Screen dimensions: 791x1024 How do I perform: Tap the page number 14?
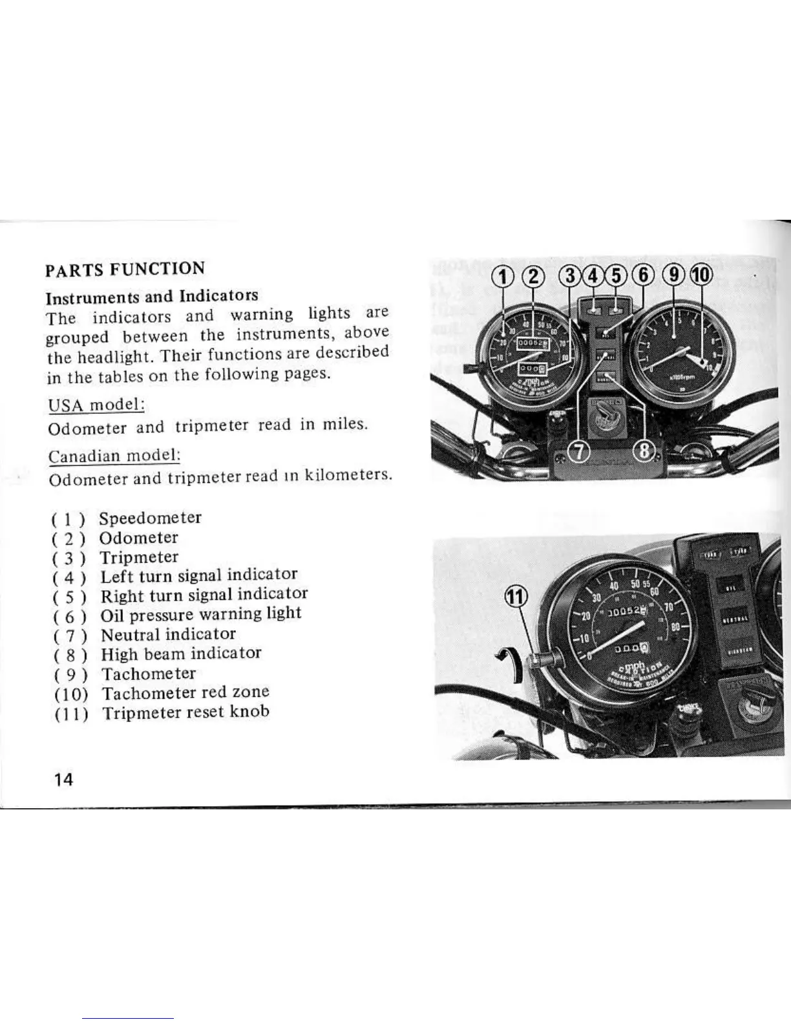coord(64,779)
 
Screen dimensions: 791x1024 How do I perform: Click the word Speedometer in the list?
coord(150,518)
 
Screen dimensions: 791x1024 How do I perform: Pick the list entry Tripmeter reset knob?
coord(185,712)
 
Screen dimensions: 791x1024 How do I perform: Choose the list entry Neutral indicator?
coord(168,634)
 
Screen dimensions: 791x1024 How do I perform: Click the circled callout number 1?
coord(503,277)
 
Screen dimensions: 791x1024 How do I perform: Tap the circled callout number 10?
coord(701,276)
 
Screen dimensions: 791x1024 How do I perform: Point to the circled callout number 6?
coord(644,276)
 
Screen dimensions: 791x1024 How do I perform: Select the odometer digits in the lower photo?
coord(622,611)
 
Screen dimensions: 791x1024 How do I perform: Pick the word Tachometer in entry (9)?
coord(149,674)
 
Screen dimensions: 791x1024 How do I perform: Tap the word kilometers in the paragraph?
coord(348,476)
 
